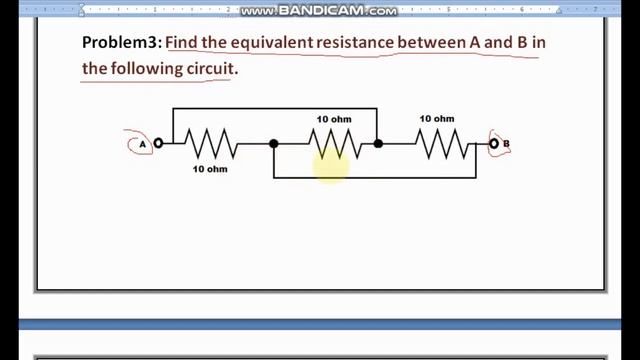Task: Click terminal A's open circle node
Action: tap(158, 144)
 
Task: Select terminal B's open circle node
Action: tap(494, 144)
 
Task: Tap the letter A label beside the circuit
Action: tap(142, 145)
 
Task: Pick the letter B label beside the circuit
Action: tap(506, 144)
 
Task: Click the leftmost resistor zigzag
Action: tap(212, 144)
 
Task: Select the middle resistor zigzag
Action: tap(333, 144)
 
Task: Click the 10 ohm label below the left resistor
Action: tap(210, 169)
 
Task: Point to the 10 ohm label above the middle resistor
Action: tap(334, 120)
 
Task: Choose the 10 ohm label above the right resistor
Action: tap(436, 119)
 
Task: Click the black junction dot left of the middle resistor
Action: tap(274, 144)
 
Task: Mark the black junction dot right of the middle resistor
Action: tap(378, 144)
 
